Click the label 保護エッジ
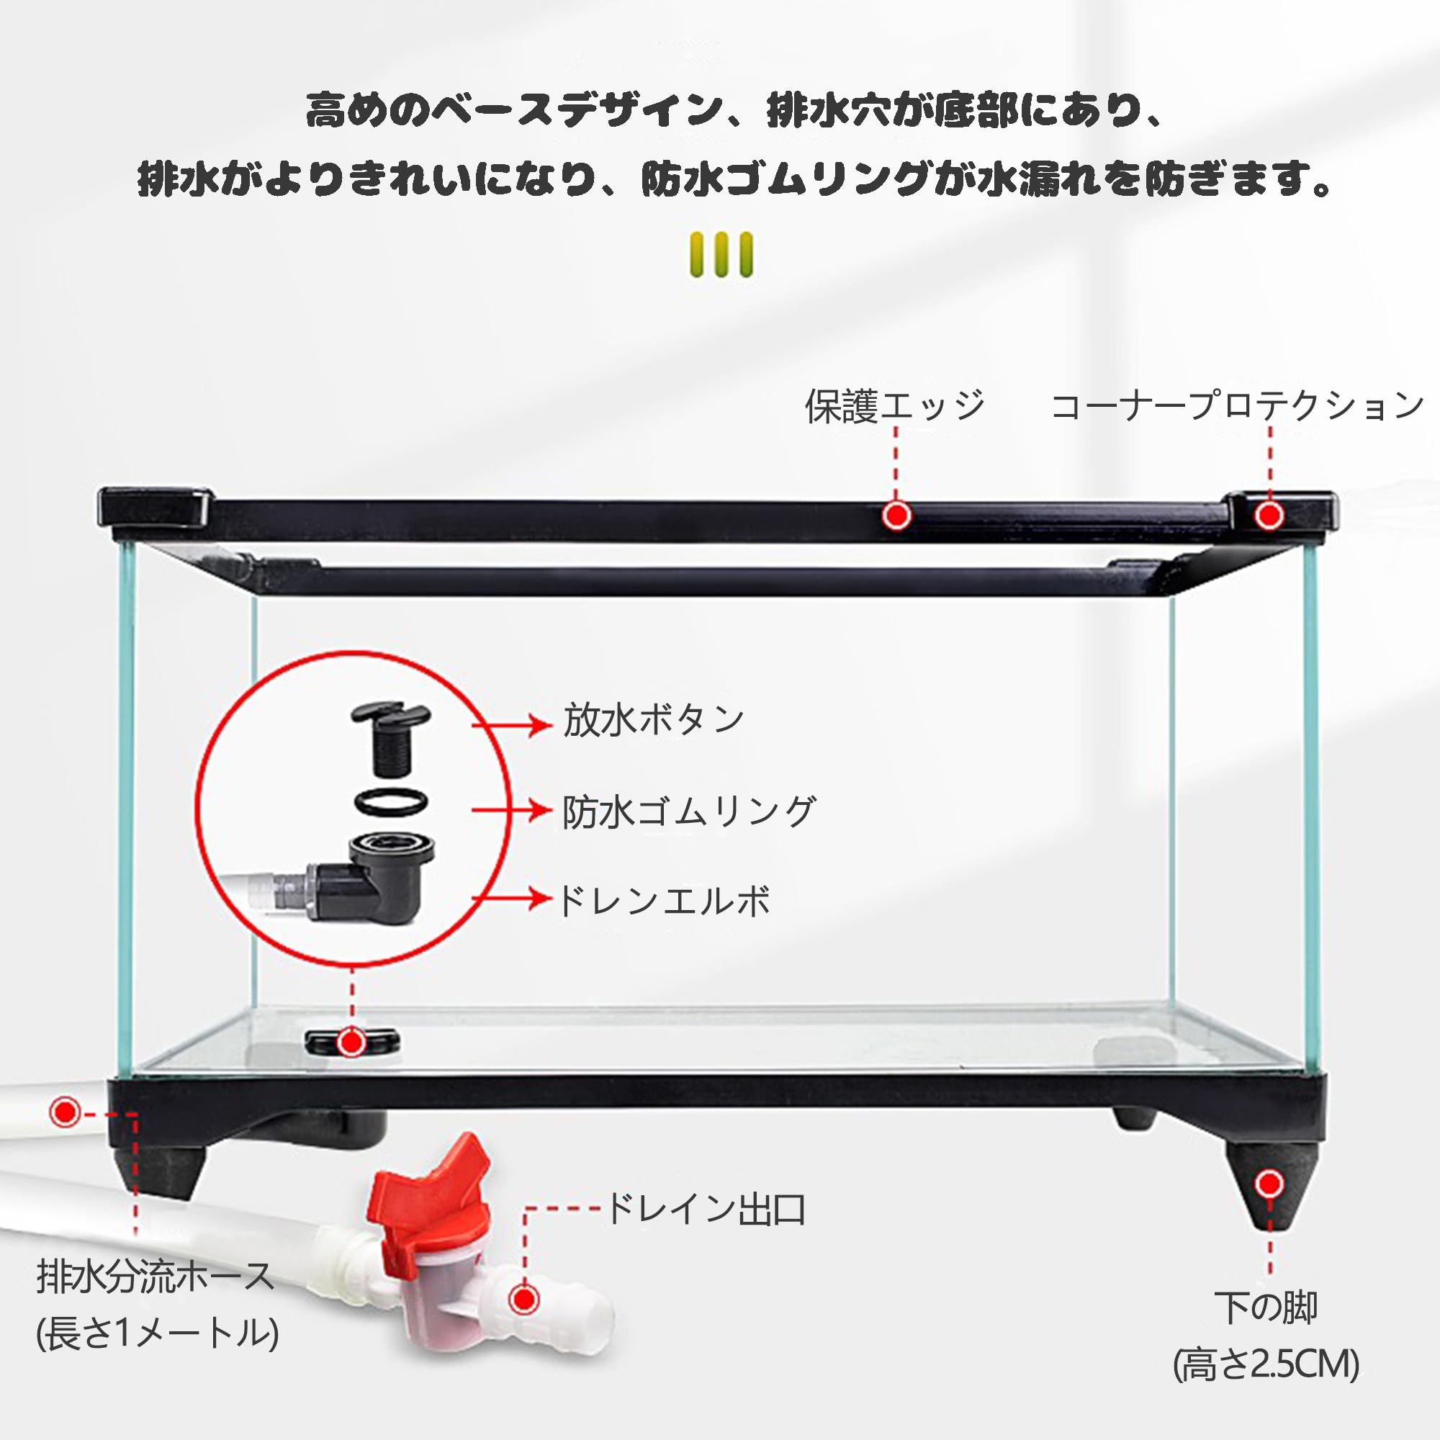pos(894,406)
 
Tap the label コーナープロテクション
pos(1237,406)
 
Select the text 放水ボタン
pos(654,720)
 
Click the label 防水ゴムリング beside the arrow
pos(690,811)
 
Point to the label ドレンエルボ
pos(663,901)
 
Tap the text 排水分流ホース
pos(155,1277)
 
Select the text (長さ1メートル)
pos(157,1333)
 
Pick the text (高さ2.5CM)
pos(1266,1364)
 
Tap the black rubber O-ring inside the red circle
pos(391,802)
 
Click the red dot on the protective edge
pos(896,515)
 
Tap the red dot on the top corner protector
pos(1269,515)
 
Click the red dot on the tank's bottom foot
pos(1269,1183)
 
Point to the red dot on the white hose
pos(65,1113)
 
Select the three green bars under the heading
pos(721,255)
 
